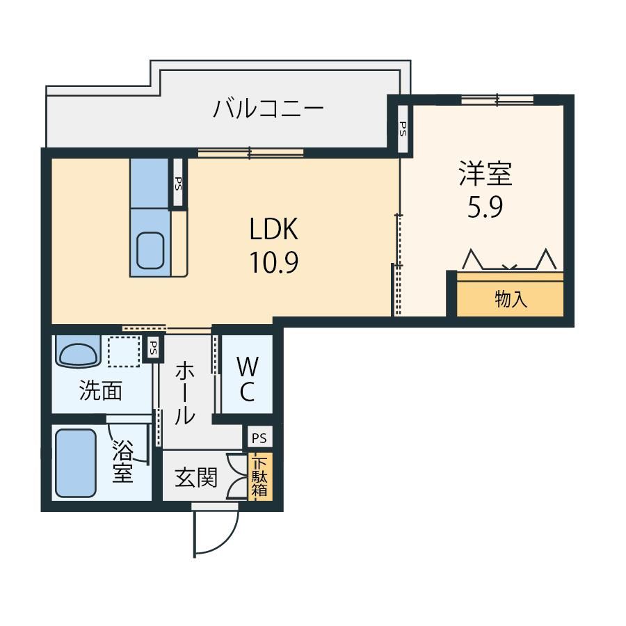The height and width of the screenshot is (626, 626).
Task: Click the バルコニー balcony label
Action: pyautogui.click(x=268, y=109)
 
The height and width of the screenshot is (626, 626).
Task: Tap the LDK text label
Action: pyautogui.click(x=274, y=229)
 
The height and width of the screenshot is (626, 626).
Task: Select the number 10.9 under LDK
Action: pyautogui.click(x=274, y=262)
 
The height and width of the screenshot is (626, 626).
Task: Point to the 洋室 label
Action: pyautogui.click(x=485, y=173)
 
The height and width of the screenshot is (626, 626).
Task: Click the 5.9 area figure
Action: pyautogui.click(x=485, y=207)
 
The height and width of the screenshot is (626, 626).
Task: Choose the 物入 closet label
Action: pyautogui.click(x=511, y=299)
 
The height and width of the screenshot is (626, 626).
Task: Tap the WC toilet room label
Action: pyautogui.click(x=248, y=378)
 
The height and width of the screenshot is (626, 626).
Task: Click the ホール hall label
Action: pyautogui.click(x=184, y=393)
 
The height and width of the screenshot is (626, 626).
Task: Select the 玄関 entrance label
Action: pyautogui.click(x=196, y=477)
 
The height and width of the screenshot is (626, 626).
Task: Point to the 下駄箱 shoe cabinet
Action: pyautogui.click(x=260, y=476)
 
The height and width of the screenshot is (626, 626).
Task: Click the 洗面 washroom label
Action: pyautogui.click(x=101, y=390)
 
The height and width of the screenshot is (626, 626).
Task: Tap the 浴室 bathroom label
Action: pyautogui.click(x=122, y=462)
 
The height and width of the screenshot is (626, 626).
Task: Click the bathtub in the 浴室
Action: pyautogui.click(x=76, y=463)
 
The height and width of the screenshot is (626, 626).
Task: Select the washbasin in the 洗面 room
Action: pyautogui.click(x=78, y=351)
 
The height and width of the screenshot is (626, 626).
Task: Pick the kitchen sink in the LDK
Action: pyautogui.click(x=150, y=250)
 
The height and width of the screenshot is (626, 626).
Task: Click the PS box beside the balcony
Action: pyautogui.click(x=403, y=129)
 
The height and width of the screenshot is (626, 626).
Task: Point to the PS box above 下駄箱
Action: pyautogui.click(x=259, y=438)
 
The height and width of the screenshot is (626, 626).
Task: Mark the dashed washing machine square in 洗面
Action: pyautogui.click(x=125, y=351)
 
